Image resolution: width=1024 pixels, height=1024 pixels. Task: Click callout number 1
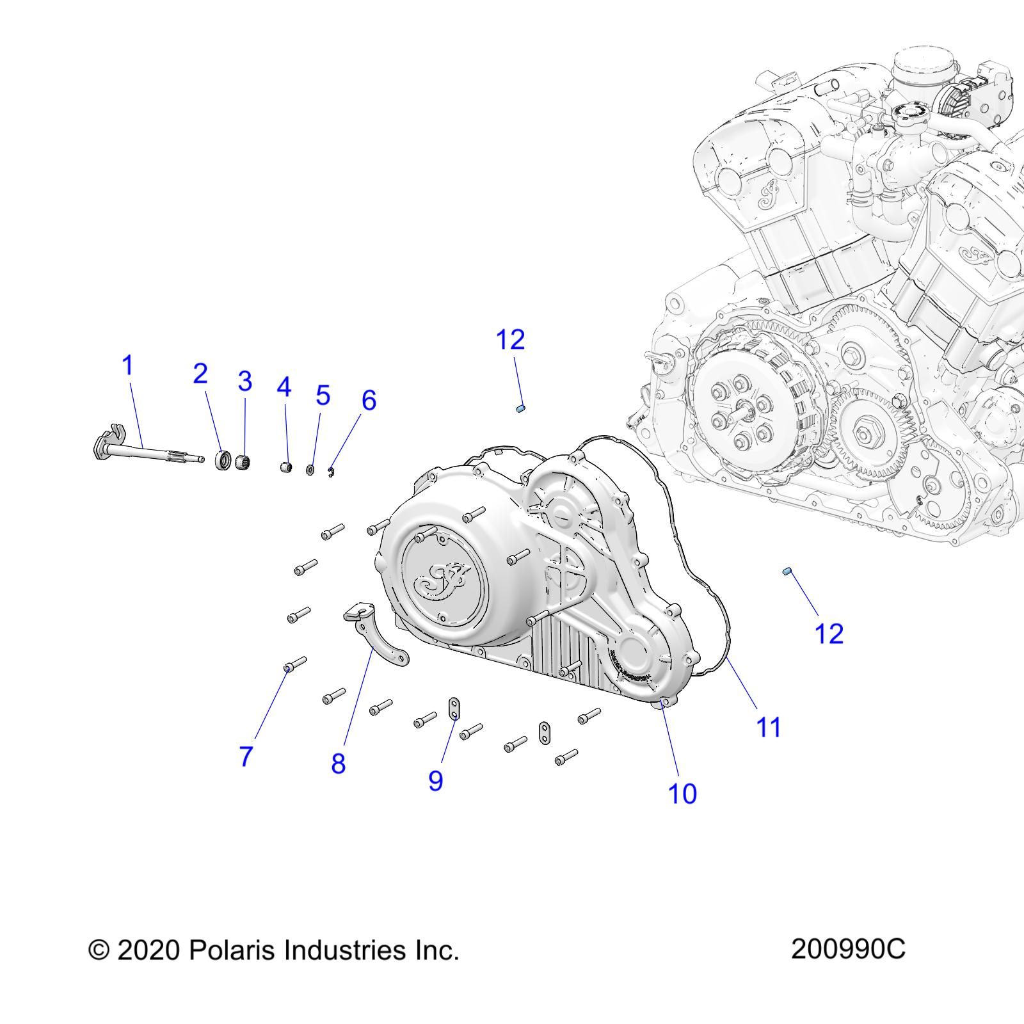(128, 365)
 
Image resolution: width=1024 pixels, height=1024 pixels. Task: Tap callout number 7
(246, 756)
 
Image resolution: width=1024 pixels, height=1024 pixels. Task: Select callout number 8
(338, 763)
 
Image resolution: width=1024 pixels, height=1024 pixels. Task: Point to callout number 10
(682, 794)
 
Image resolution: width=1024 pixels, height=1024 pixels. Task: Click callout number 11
(769, 727)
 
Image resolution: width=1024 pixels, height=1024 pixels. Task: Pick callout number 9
(435, 780)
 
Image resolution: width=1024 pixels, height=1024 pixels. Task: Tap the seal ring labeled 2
(223, 460)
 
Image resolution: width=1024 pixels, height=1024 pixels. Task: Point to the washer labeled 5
(310, 470)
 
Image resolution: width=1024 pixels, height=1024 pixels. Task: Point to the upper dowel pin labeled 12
(521, 408)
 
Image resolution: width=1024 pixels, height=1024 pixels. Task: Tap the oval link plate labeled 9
(454, 708)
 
